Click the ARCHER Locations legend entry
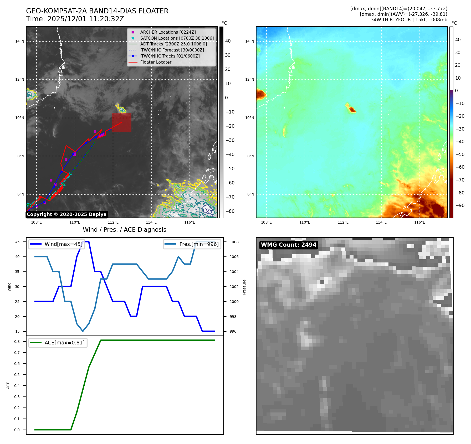pos(168,32)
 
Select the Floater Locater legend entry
pos(156,62)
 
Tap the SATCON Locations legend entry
pos(177,38)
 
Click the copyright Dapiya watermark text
pos(66,214)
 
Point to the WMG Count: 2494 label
pos(288,245)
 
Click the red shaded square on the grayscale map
pos(122,122)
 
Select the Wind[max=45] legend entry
pos(63,244)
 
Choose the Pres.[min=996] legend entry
pos(199,244)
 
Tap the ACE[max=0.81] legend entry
pos(64,343)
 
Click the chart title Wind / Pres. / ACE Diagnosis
pos(124,230)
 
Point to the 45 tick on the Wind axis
pos(17,242)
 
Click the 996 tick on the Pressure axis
pos(233,331)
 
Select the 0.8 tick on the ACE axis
pos(17,342)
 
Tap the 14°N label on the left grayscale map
pos(19,41)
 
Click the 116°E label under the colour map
pos(419,222)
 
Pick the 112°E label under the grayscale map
pos(113,222)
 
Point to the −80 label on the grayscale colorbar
pos(230,211)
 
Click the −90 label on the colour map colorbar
pos(460,205)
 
